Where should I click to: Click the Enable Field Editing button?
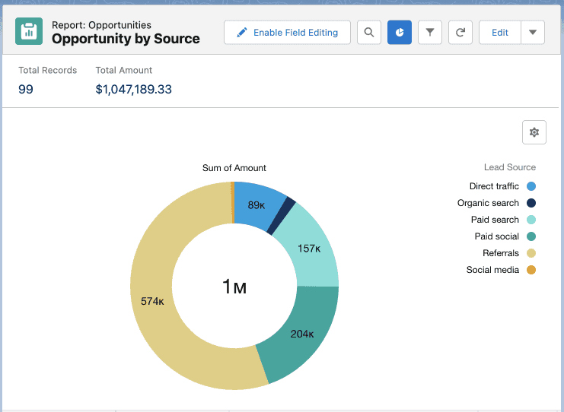tap(287, 33)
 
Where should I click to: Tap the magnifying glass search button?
tap(369, 33)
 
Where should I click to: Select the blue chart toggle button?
tap(400, 33)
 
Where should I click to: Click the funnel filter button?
tap(430, 33)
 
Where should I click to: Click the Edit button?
tap(500, 33)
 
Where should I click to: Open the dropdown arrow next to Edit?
tap(533, 33)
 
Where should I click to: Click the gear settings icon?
tap(534, 132)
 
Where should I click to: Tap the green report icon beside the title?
tap(29, 31)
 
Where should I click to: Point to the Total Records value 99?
tap(26, 89)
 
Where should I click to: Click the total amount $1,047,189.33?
tap(133, 89)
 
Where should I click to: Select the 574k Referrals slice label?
tap(152, 301)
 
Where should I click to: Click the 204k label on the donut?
tap(302, 334)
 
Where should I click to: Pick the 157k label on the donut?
tap(309, 249)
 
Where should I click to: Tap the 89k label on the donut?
tap(257, 205)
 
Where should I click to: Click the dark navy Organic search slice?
tap(282, 216)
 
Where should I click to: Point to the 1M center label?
tap(234, 287)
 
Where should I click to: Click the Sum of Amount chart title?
tap(234, 168)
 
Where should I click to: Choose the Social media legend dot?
tap(531, 270)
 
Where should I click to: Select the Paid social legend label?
tap(497, 236)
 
